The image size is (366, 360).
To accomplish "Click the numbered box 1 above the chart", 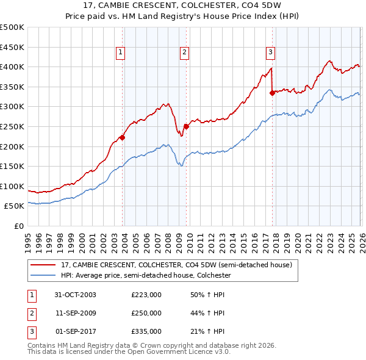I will click(121, 52).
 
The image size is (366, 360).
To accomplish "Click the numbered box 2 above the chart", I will click(184, 52).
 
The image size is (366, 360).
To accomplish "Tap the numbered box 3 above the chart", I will click(270, 52).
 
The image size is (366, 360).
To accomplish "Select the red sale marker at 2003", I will click(123, 137).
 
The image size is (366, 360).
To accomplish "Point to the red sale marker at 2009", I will click(186, 127).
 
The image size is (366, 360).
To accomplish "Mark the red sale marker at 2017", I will click(272, 93).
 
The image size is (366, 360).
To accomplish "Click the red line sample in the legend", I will click(43, 265).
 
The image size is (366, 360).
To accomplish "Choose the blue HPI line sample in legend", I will click(43, 275).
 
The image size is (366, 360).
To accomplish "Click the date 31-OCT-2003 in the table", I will click(75, 295).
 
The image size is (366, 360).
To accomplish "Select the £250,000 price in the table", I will click(146, 313).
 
